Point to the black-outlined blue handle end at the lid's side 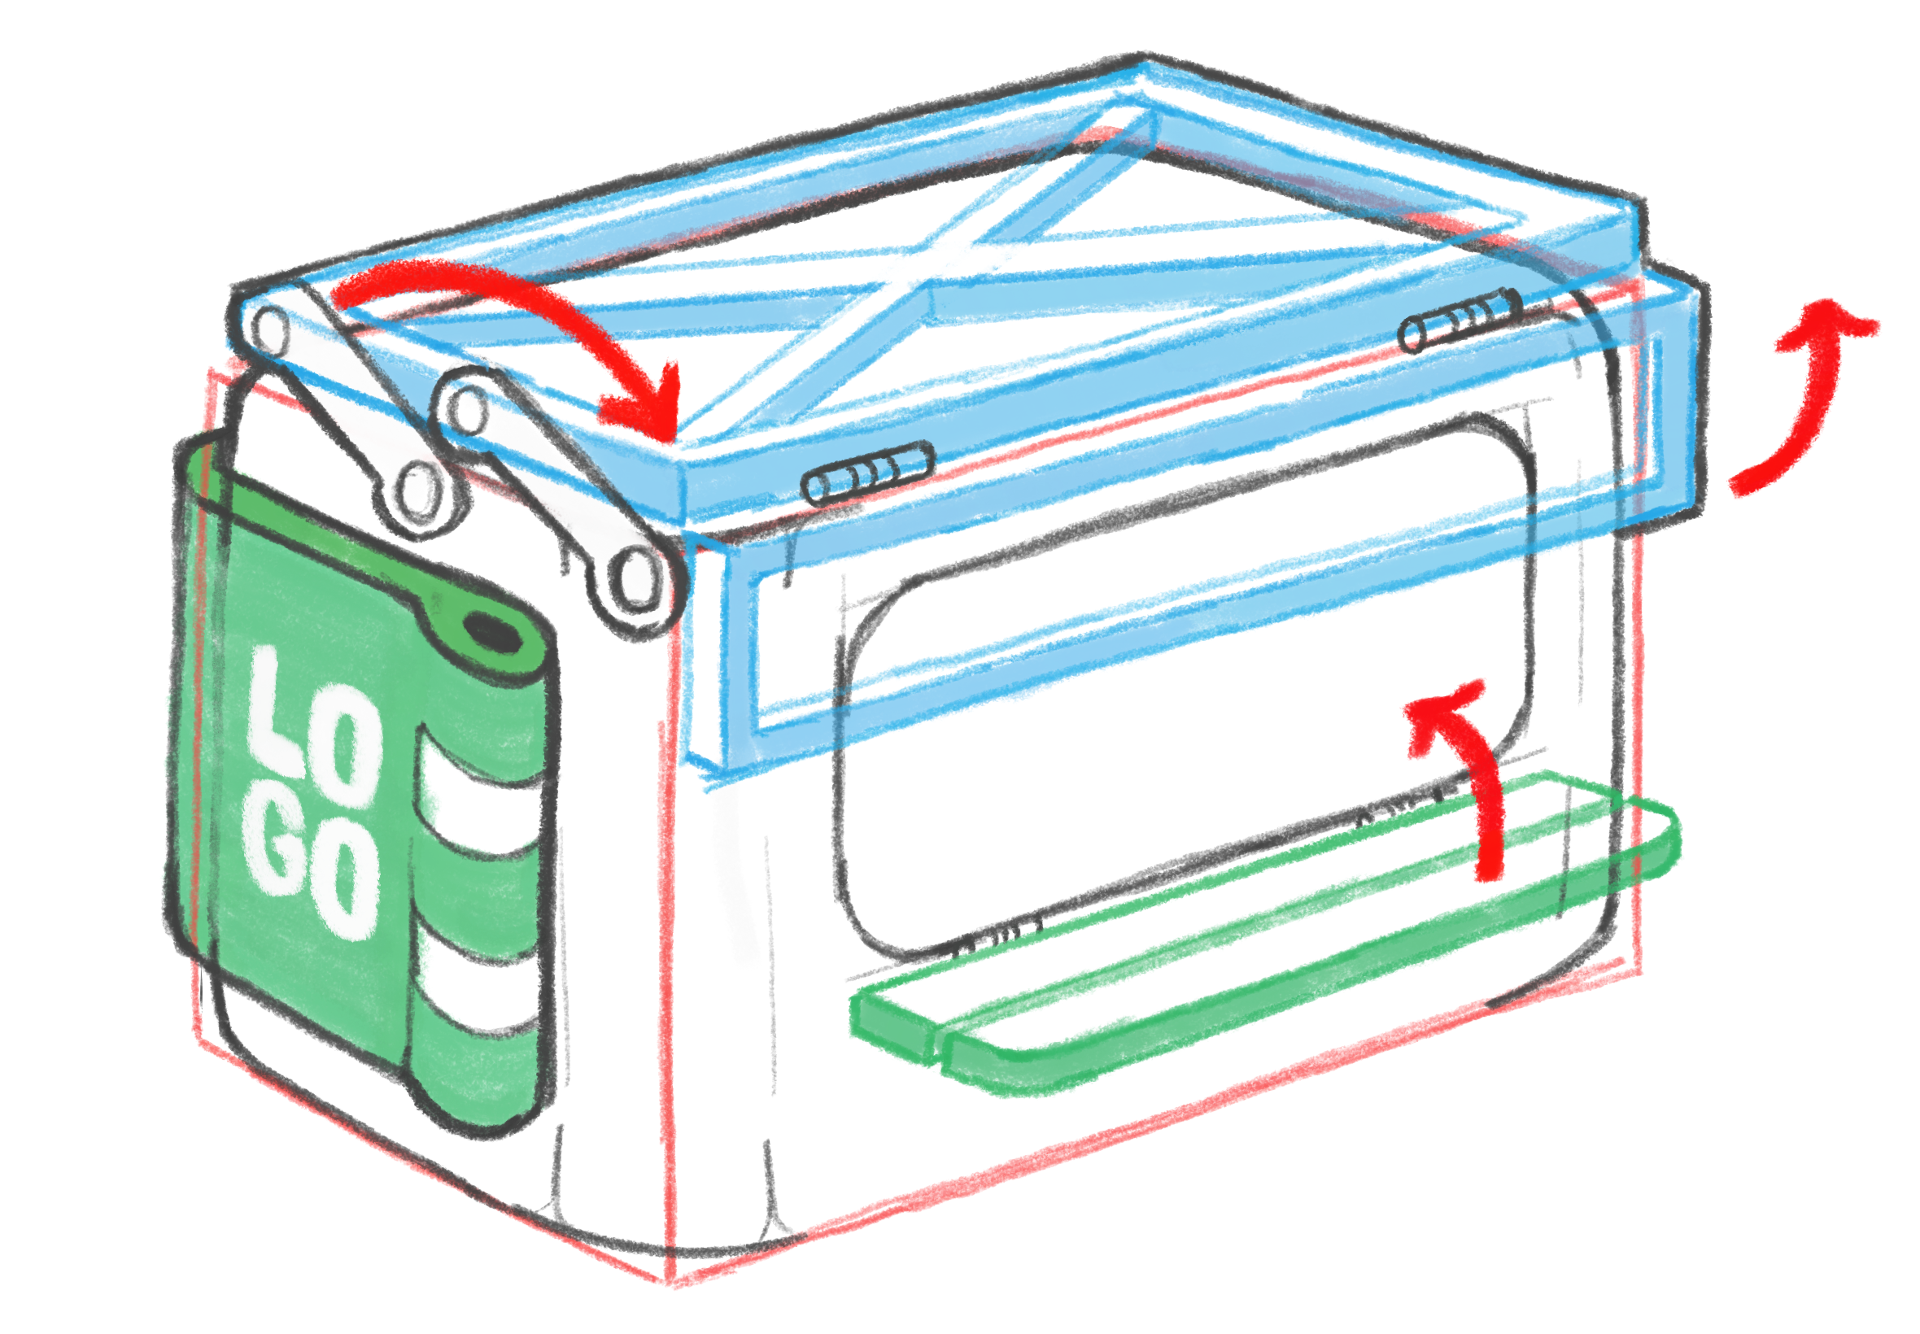(1664, 401)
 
